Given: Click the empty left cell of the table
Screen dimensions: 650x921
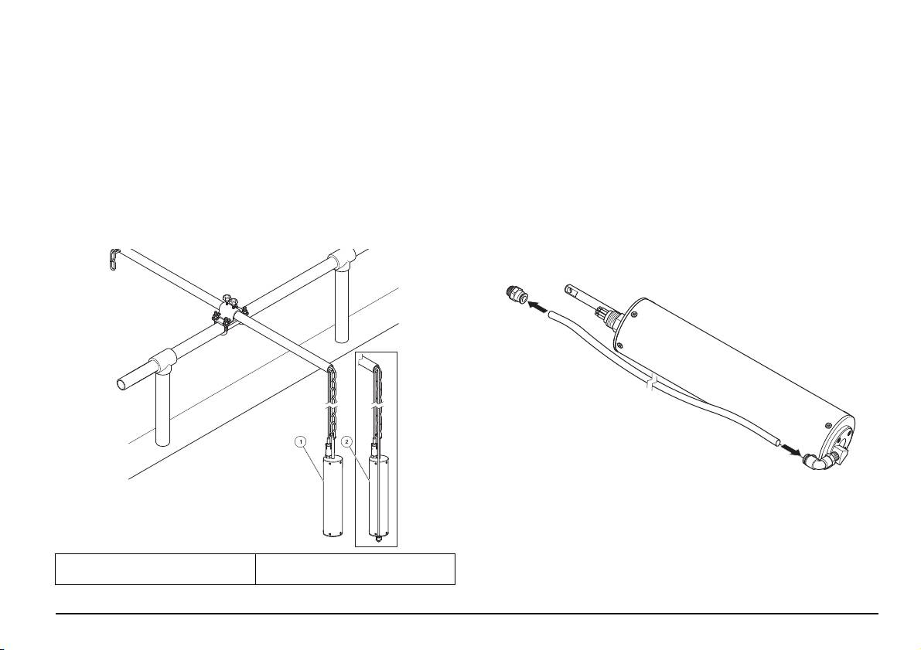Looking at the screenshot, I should tap(155, 569).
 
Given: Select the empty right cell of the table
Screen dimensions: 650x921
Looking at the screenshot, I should tap(355, 569).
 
